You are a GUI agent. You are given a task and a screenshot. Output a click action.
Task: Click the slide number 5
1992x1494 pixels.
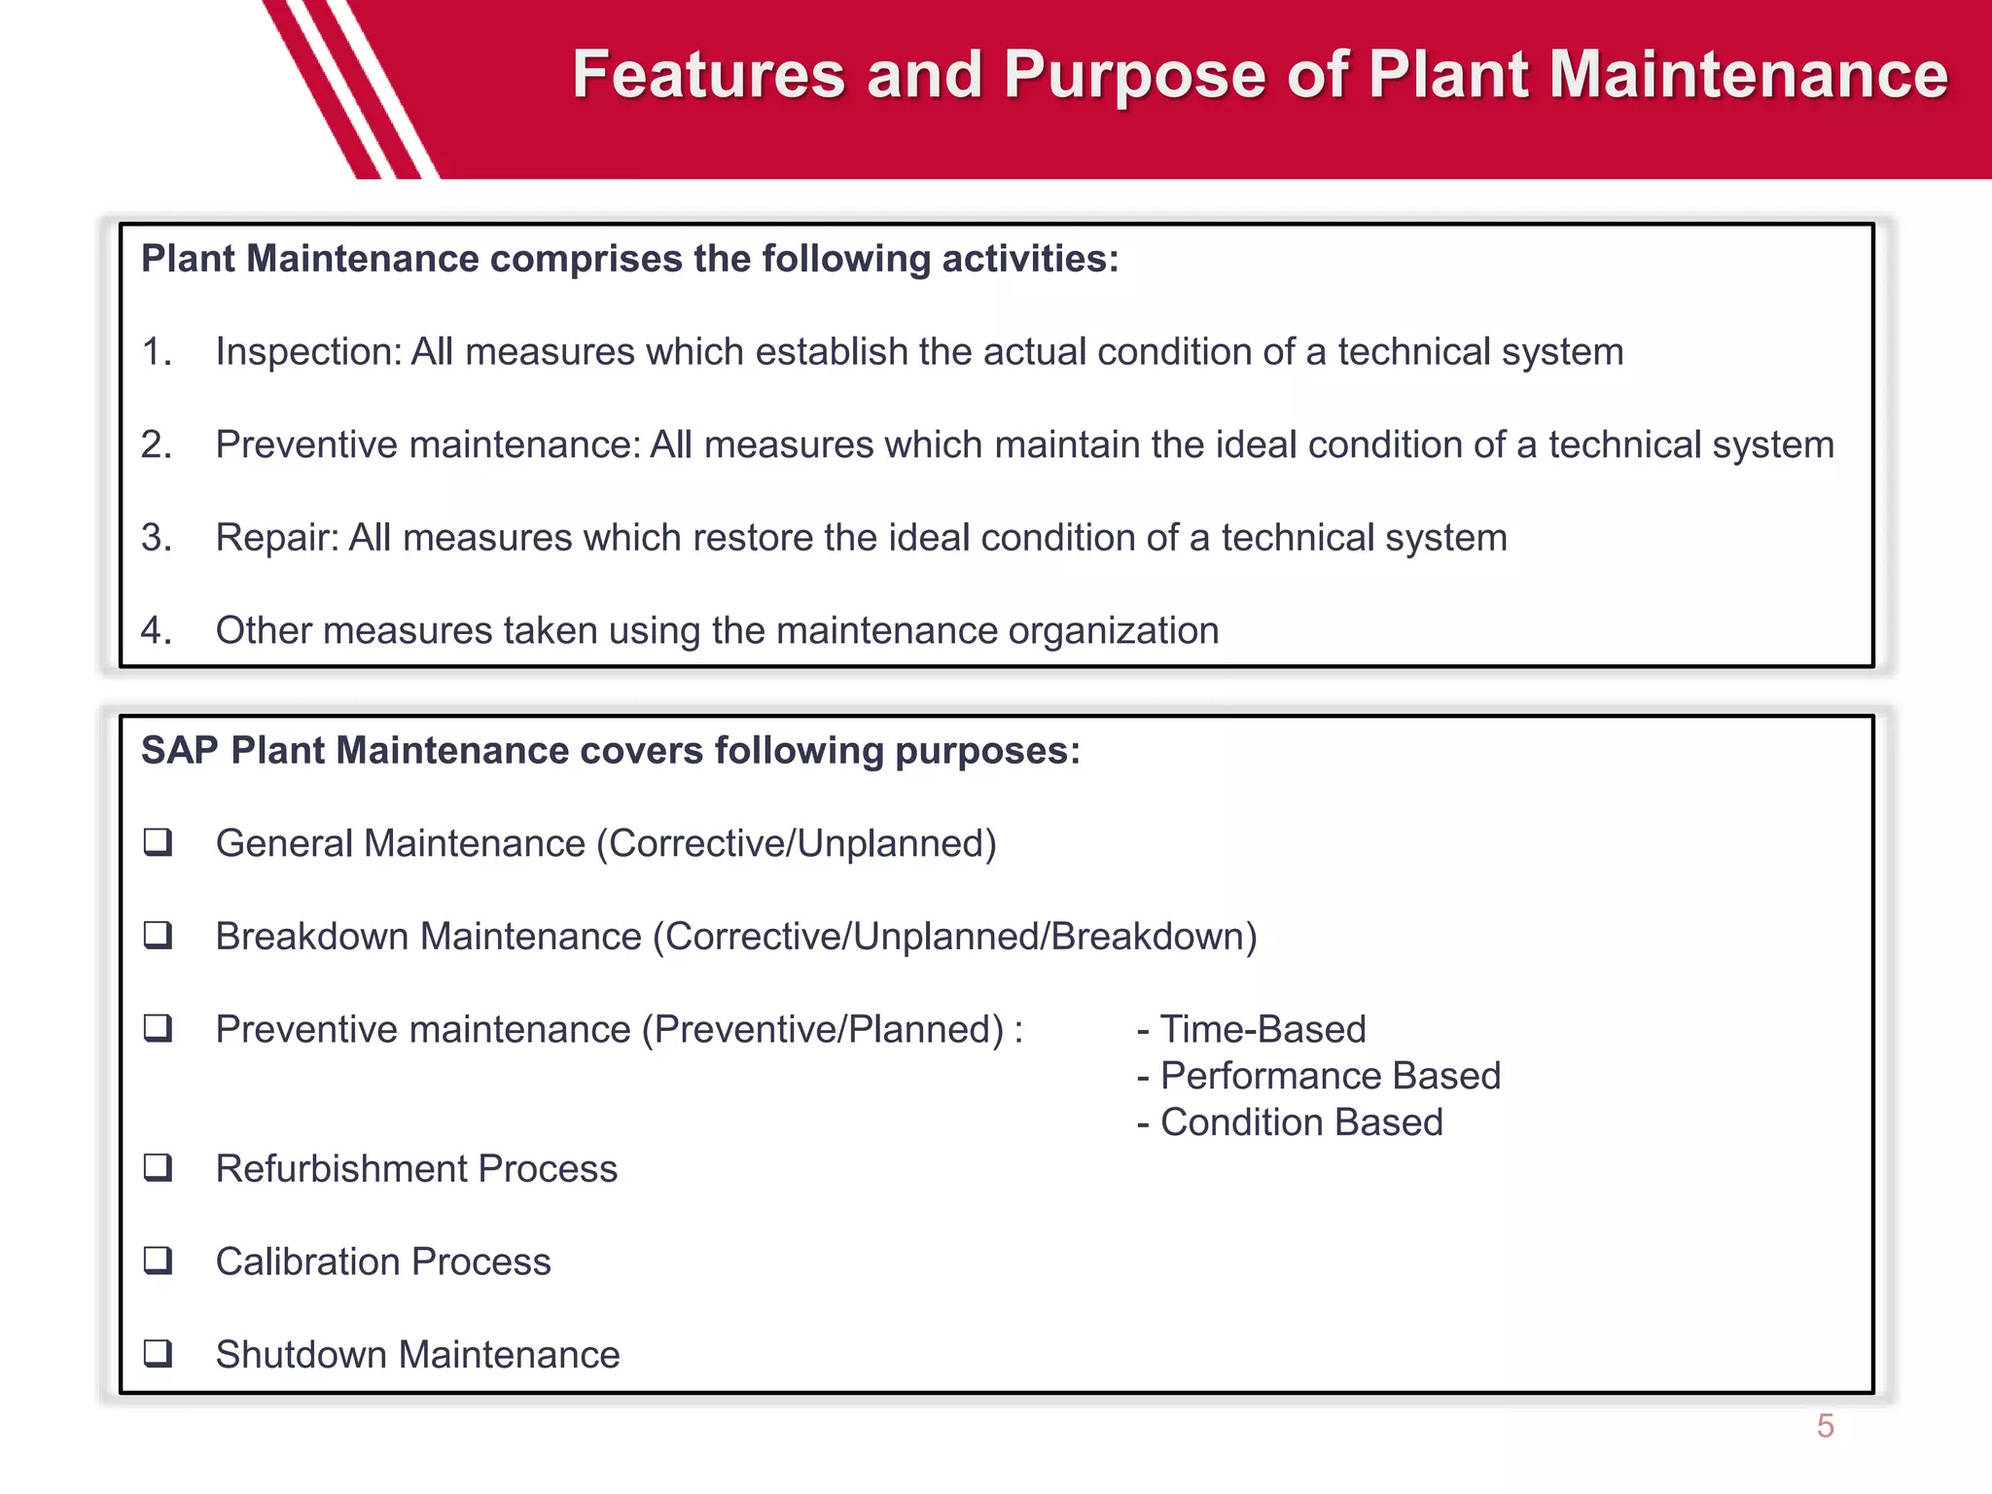click(1825, 1426)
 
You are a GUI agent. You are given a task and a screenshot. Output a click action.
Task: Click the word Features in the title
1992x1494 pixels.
click(708, 76)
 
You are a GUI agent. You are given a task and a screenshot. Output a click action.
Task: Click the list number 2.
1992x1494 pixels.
click(156, 445)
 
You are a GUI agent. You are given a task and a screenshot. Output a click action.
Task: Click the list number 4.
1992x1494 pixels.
click(156, 630)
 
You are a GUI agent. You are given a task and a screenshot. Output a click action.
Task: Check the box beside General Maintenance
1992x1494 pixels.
click(158, 841)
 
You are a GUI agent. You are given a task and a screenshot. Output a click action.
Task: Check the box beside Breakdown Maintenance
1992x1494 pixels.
click(158, 935)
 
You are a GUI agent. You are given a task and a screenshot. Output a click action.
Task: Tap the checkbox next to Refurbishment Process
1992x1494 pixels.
click(158, 1167)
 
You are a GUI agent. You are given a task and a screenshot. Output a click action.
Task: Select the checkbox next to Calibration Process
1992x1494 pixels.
click(158, 1261)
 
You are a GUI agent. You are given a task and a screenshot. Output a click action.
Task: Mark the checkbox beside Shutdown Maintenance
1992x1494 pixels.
click(158, 1353)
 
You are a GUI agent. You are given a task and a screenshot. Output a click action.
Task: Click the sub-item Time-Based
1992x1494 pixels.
click(1263, 1029)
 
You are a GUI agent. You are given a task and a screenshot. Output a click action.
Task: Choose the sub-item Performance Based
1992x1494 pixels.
click(1330, 1076)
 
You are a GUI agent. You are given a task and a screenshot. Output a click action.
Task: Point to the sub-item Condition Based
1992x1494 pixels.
click(1300, 1122)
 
